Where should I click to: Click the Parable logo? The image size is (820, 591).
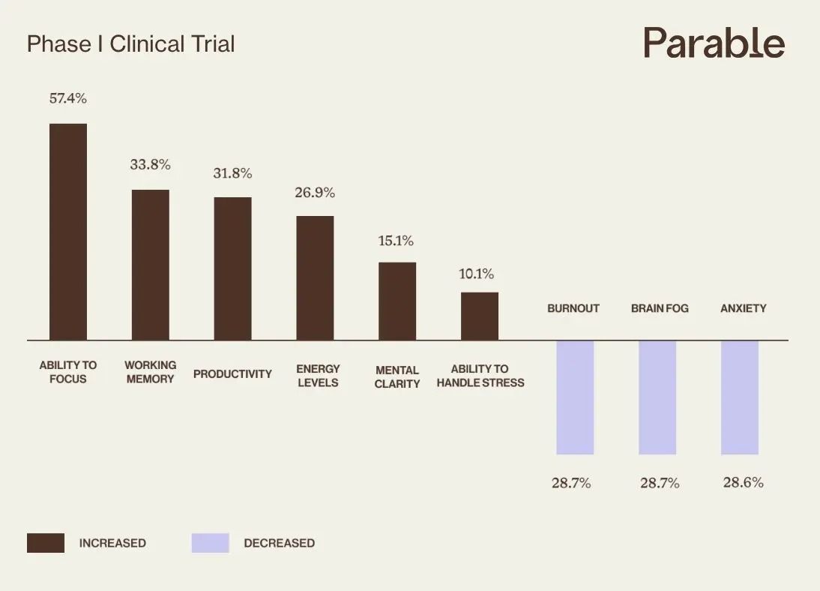point(714,43)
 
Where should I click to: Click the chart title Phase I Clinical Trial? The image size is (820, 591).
point(130,44)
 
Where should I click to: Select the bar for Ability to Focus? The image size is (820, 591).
point(68,232)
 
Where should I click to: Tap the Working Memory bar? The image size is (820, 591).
point(151,265)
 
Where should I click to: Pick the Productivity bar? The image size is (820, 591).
point(233,268)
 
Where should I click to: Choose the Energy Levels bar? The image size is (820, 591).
point(315,278)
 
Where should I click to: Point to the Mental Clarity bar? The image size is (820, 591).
point(397,301)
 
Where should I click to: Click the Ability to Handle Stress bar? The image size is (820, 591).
point(480,316)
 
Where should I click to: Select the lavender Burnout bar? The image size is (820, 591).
point(575,397)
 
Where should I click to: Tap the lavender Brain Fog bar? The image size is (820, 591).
point(657,397)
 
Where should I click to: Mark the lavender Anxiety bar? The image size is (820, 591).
point(740,397)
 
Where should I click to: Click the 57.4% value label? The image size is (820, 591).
point(68,98)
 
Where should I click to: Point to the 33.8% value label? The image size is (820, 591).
point(150,164)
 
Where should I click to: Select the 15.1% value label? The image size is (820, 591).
point(396,241)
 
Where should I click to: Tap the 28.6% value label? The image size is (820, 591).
point(743,482)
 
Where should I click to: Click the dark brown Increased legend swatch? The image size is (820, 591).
point(46,543)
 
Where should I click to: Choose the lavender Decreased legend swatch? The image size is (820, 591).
point(210,543)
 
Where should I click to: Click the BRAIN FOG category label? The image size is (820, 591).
point(660,308)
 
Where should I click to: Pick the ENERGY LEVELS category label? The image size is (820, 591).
point(318,376)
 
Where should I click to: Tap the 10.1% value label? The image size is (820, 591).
point(477,274)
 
